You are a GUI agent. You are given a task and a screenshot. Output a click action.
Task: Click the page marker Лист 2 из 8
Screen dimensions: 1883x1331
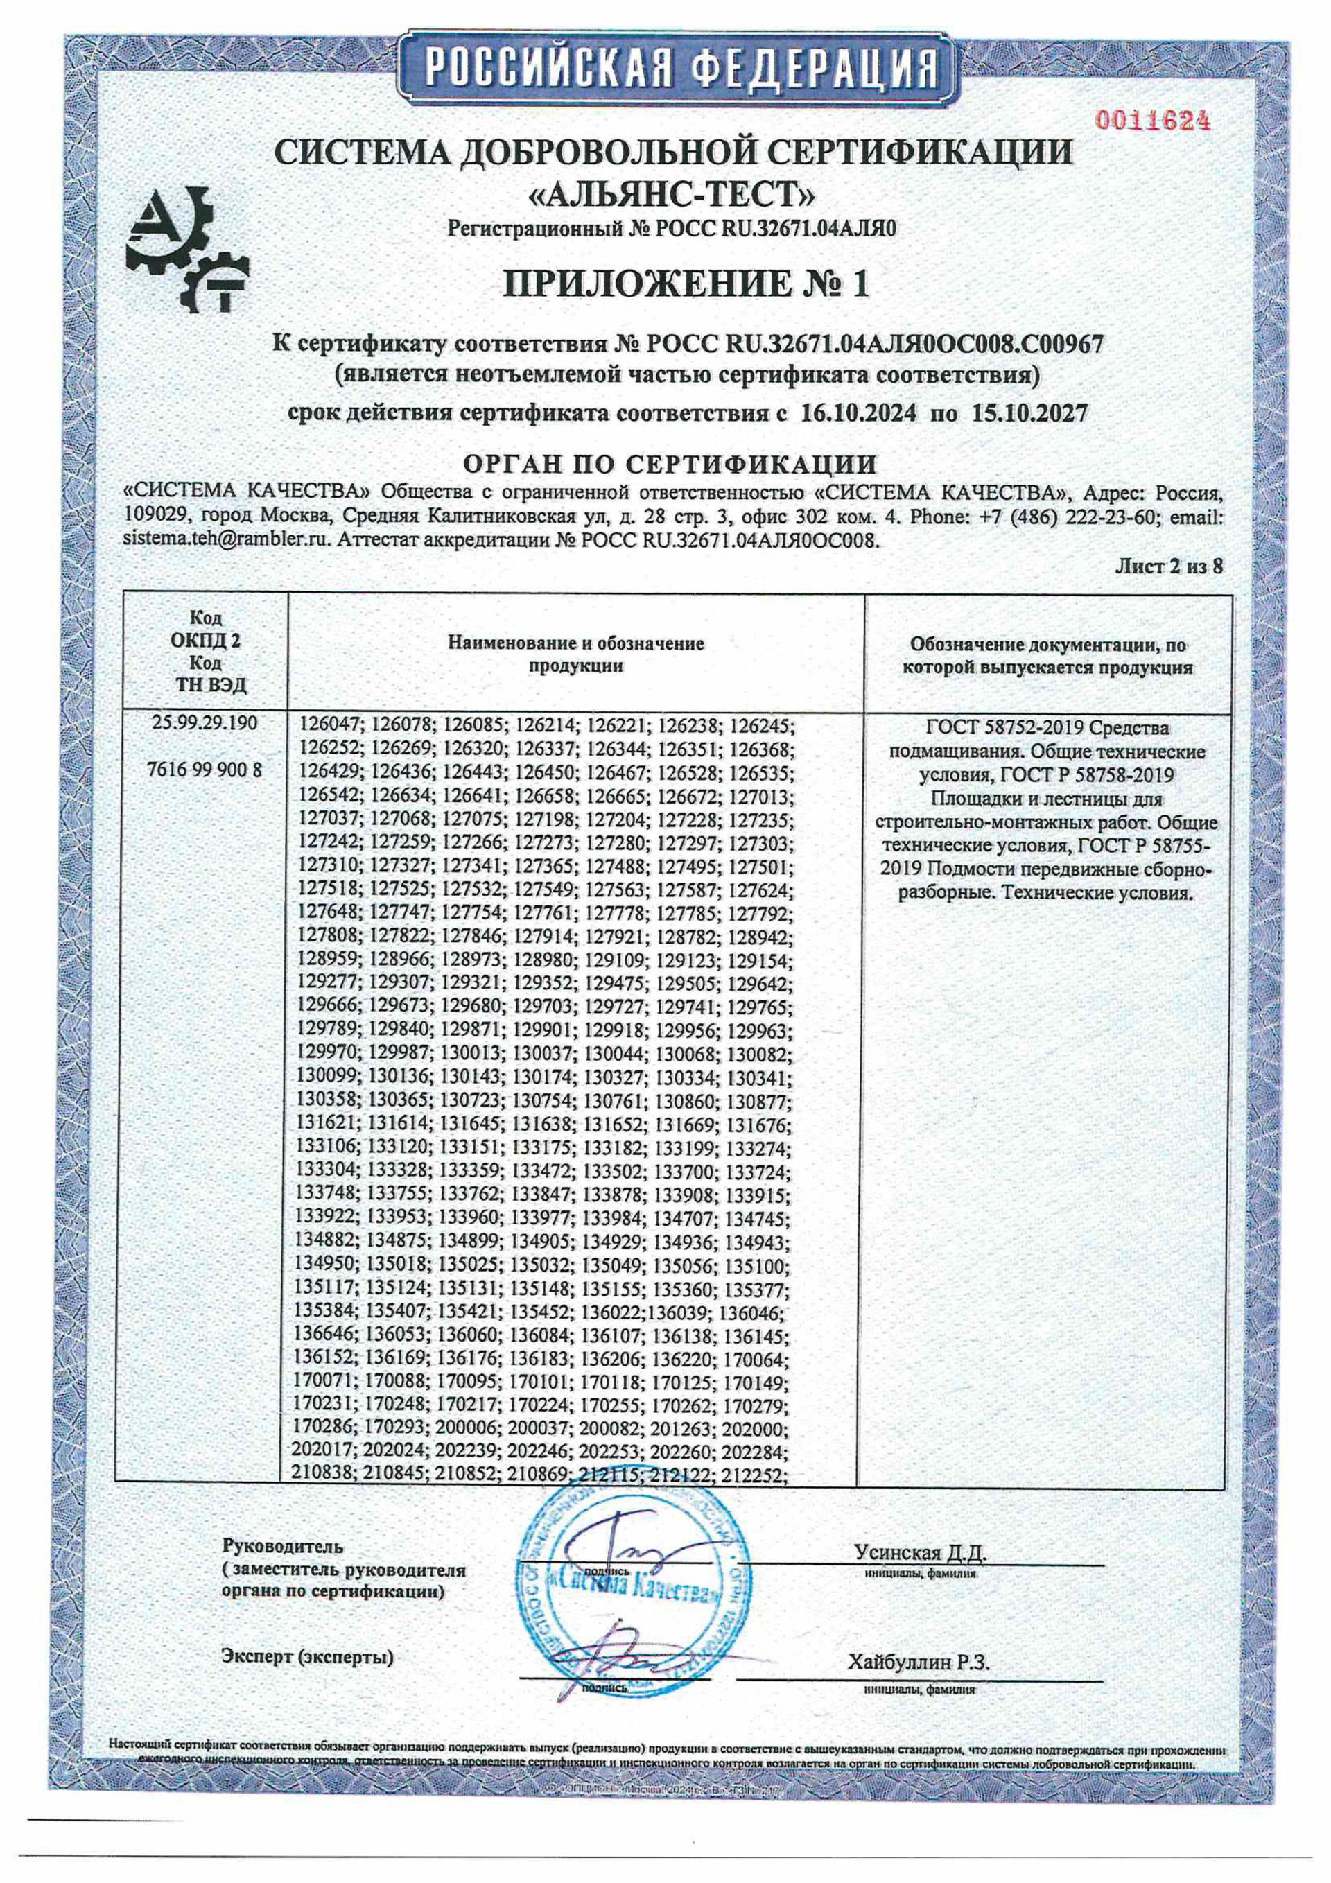click(1169, 566)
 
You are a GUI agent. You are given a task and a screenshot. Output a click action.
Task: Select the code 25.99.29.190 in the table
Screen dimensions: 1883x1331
click(205, 723)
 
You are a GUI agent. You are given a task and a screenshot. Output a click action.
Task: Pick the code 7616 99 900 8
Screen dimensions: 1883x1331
click(205, 770)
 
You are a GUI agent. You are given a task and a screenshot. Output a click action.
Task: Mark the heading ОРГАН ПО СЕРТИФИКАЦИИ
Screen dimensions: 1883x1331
click(670, 465)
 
